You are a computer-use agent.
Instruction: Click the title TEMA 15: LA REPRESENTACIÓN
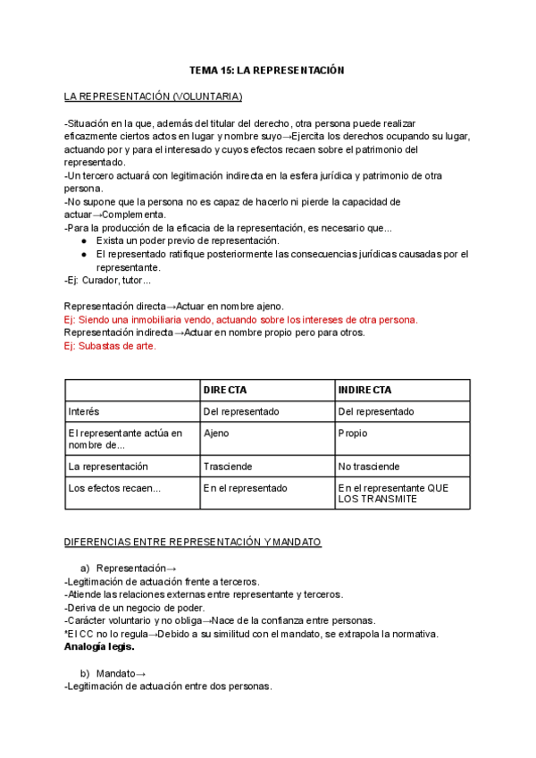pos(267,70)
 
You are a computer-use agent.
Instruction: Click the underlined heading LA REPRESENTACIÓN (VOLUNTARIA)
pos(153,97)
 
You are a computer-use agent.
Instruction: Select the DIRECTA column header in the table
pos(225,391)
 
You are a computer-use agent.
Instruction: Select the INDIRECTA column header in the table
pos(364,391)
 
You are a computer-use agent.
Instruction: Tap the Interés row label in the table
pos(84,411)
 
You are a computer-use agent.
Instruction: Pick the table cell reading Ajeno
pos(217,434)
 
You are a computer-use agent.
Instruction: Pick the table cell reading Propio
pos(353,434)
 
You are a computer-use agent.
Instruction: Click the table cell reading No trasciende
pos(369,467)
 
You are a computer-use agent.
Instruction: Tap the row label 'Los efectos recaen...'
pos(114,488)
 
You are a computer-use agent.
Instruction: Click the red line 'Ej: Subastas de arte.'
pos(110,346)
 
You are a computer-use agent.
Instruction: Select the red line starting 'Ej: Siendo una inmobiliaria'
pos(240,319)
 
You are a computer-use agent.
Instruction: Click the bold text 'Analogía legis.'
pos(99,646)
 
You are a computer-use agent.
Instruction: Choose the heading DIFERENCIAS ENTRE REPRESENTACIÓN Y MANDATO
pos(193,543)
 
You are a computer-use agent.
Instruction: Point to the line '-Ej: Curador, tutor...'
pos(114,281)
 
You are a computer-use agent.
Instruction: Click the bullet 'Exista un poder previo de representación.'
pos(188,240)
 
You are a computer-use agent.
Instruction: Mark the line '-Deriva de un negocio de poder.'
pos(135,608)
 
